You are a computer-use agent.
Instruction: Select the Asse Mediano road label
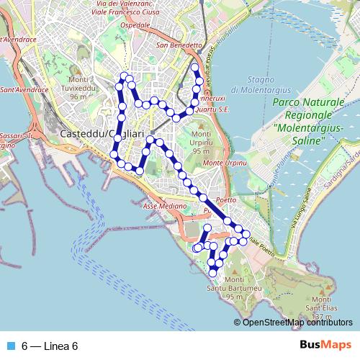coord(160,207)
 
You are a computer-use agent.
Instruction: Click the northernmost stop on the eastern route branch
coord(194,68)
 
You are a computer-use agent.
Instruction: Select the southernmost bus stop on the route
coord(212,273)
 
